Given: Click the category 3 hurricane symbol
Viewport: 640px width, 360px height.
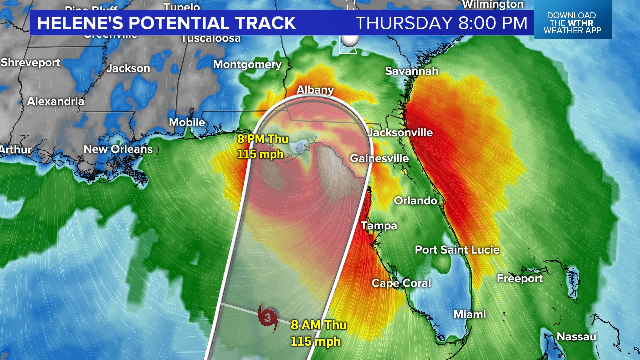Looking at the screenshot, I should click(268, 317).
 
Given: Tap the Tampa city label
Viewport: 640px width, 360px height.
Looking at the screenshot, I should click(379, 226).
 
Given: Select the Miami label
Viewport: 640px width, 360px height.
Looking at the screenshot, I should click(469, 314).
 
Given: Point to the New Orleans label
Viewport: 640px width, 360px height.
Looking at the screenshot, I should click(118, 149).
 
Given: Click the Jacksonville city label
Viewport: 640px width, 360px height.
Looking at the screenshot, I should click(400, 132).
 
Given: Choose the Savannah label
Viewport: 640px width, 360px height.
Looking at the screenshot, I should click(411, 71).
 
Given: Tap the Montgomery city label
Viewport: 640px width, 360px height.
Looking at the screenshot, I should click(247, 64).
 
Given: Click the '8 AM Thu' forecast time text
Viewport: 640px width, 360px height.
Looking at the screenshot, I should click(318, 325).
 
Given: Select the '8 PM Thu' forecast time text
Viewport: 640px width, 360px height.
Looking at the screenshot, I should click(263, 139).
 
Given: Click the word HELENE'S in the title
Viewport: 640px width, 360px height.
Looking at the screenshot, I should click(80, 23).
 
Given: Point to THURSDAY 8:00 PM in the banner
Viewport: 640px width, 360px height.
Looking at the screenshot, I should click(441, 23).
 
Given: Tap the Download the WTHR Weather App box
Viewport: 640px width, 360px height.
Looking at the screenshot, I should click(572, 23).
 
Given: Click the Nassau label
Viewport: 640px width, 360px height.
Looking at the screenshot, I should click(576, 337).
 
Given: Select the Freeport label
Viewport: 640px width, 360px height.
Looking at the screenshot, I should click(519, 278).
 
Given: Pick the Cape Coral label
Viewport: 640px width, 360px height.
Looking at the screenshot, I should click(401, 283).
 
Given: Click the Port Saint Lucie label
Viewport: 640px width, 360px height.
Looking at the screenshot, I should click(457, 250).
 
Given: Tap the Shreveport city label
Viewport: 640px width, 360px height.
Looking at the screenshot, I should click(30, 62).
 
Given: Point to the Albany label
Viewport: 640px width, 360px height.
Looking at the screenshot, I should click(315, 90).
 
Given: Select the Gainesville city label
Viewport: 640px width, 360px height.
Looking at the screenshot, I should click(379, 158).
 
